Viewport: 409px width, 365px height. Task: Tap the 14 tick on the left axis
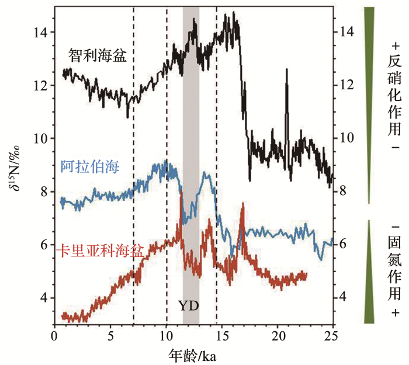(40, 33)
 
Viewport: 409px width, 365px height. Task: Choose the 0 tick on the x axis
(54, 337)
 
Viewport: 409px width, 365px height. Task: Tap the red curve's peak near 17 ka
(242, 204)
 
